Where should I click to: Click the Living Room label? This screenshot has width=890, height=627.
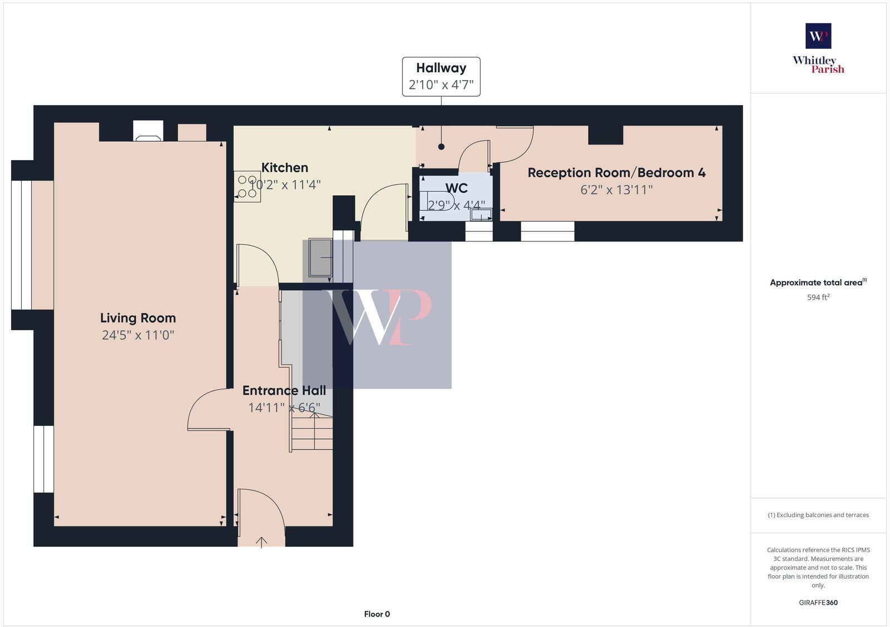point(138,318)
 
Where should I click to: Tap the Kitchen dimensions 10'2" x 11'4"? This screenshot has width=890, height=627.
point(285,185)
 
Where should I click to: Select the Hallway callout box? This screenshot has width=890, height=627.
point(441,77)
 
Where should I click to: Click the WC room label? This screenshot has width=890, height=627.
point(456,188)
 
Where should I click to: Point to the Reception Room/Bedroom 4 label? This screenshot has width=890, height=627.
point(616,173)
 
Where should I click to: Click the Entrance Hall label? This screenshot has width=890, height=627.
point(284,391)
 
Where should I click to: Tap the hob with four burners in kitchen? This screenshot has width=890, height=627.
point(246,187)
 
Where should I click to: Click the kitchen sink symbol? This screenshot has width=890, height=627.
point(321,257)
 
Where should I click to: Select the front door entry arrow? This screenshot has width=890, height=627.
point(261,541)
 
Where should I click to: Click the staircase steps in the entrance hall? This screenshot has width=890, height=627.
point(312,434)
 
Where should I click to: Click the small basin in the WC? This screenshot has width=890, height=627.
point(481,214)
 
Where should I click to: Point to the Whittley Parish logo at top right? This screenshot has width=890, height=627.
point(818,48)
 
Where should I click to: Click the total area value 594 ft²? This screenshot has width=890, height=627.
point(818,297)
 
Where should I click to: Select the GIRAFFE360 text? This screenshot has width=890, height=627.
point(818,603)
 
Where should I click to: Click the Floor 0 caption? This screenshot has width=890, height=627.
point(377,614)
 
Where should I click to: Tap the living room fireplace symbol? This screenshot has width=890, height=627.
point(148,132)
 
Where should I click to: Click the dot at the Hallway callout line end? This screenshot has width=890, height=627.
point(441,147)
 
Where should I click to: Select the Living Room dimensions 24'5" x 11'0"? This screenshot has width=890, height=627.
point(138,335)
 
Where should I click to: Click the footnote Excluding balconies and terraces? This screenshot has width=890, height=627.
point(818,515)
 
